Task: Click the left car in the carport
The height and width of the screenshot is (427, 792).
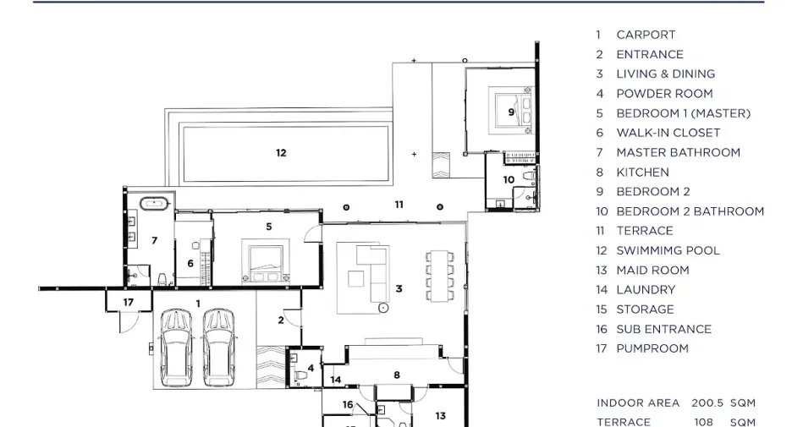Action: (x=176, y=348)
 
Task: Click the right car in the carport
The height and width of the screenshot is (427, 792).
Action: (x=218, y=348)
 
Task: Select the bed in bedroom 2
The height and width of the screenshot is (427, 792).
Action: (x=510, y=110)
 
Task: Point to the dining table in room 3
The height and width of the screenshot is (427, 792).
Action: (x=439, y=276)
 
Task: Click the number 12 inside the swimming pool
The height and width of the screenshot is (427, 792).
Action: (x=281, y=153)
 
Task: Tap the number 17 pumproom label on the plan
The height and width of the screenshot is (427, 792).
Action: (x=129, y=303)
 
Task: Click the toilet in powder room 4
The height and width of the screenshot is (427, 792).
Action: (x=301, y=376)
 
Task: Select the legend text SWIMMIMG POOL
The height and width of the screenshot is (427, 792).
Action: (x=668, y=250)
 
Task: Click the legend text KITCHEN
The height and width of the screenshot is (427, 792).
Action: (x=642, y=172)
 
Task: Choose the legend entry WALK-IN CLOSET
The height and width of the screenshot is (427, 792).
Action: (x=668, y=133)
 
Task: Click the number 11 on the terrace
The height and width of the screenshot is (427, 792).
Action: (x=399, y=205)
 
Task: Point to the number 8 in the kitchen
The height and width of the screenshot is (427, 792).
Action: (x=397, y=375)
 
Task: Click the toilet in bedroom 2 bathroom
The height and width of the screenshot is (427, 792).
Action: (x=529, y=176)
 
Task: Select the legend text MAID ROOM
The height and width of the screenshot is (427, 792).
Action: (x=652, y=270)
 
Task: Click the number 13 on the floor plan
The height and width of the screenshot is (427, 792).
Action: (x=441, y=416)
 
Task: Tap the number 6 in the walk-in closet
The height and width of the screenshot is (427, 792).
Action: (x=190, y=264)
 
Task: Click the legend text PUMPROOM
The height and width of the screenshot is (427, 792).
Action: (x=652, y=348)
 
